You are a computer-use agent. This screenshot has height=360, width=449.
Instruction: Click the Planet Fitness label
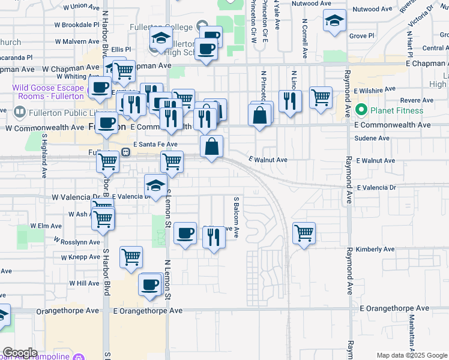[397, 110]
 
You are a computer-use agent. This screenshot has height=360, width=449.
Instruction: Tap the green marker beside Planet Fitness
[361, 110]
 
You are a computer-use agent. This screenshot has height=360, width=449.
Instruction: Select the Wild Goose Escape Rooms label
[48, 92]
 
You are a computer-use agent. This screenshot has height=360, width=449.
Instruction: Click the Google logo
[20, 353]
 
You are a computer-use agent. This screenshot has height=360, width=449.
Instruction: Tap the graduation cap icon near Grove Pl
[334, 22]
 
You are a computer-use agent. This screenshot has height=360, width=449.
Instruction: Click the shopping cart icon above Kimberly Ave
[304, 232]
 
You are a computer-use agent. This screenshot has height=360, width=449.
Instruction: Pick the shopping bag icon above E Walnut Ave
[212, 146]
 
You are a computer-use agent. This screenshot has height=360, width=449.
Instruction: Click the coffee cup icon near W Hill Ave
[150, 284]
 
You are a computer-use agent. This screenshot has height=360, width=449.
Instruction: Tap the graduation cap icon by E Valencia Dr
[155, 185]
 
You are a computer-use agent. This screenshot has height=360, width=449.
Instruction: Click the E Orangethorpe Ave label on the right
[394, 308]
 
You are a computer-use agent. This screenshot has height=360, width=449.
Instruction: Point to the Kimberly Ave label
[375, 249]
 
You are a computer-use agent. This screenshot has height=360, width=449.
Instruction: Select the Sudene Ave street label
[372, 138]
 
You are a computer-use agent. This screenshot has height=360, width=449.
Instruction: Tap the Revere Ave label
[400, 101]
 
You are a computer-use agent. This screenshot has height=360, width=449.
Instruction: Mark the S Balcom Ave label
[237, 217]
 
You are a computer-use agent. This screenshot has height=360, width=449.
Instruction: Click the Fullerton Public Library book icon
[19, 112]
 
